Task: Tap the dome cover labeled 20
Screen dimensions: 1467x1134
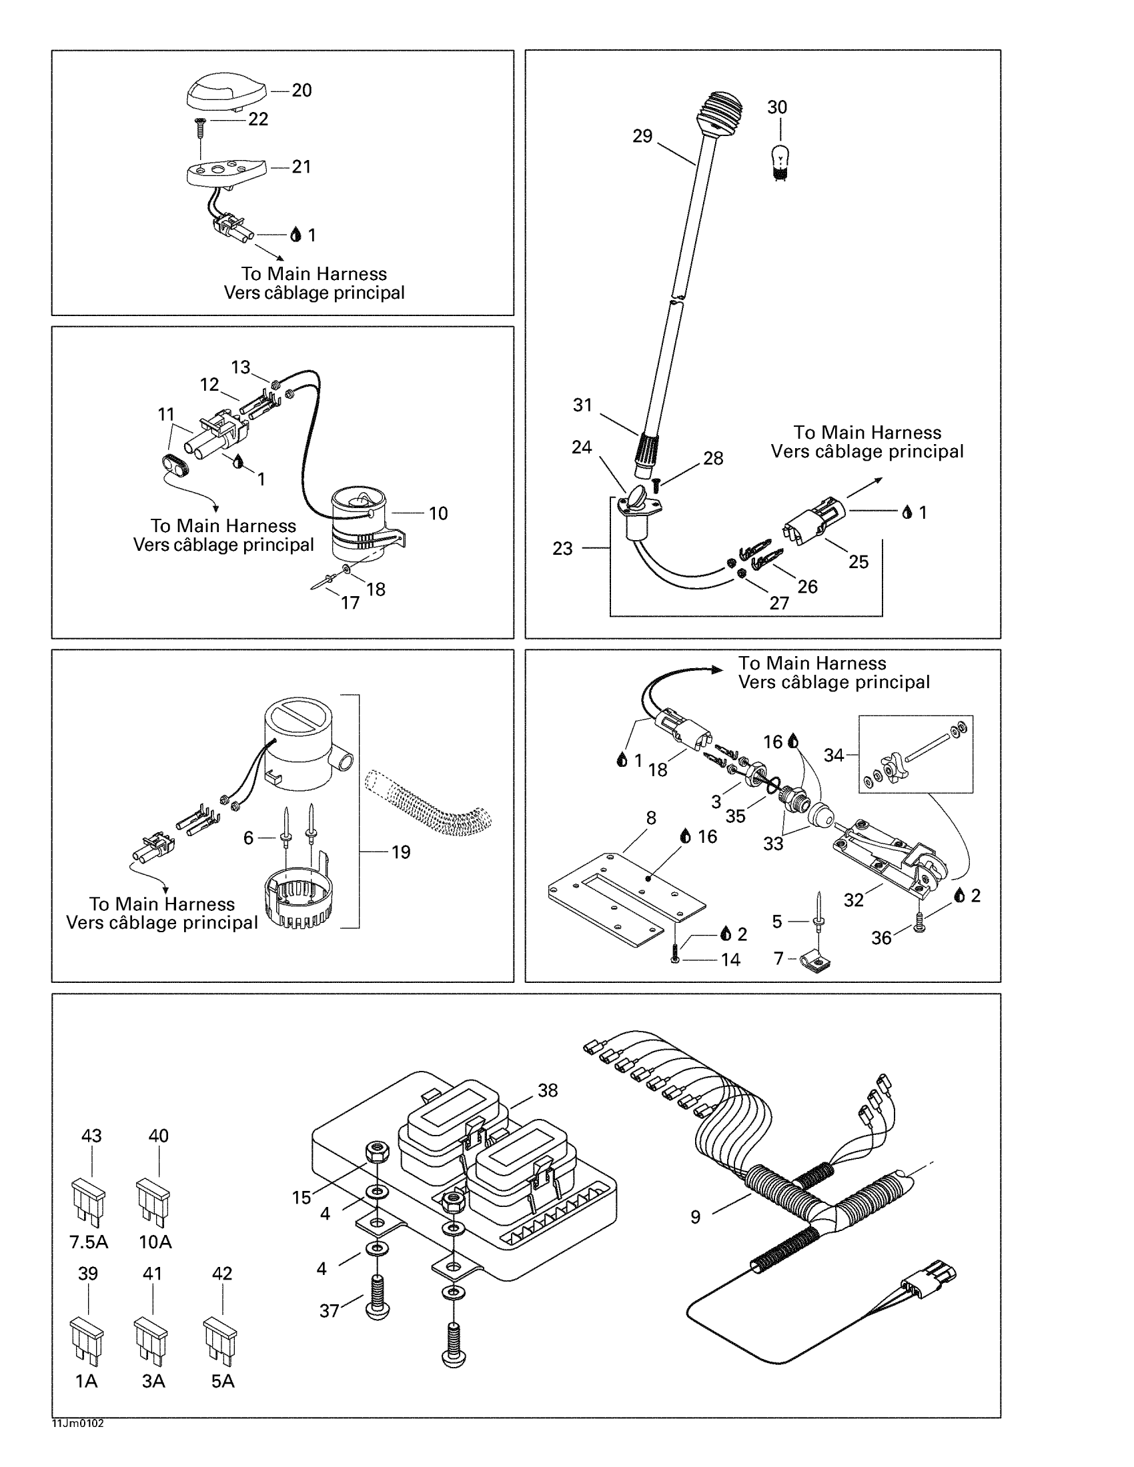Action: [x=225, y=90]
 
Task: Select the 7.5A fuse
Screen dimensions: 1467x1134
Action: [x=88, y=1200]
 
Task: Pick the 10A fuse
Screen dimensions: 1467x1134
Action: [x=153, y=1200]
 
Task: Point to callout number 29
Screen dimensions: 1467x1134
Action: [x=642, y=136]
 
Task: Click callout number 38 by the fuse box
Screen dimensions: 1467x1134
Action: [x=548, y=1090]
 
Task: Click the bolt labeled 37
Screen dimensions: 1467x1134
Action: [x=377, y=1300]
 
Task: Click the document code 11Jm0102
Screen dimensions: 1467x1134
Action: [x=78, y=1424]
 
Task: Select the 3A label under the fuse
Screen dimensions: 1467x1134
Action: [x=153, y=1381]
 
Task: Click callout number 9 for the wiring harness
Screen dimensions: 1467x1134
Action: [x=695, y=1216]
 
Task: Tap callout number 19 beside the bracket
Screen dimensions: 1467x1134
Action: [x=400, y=852]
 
